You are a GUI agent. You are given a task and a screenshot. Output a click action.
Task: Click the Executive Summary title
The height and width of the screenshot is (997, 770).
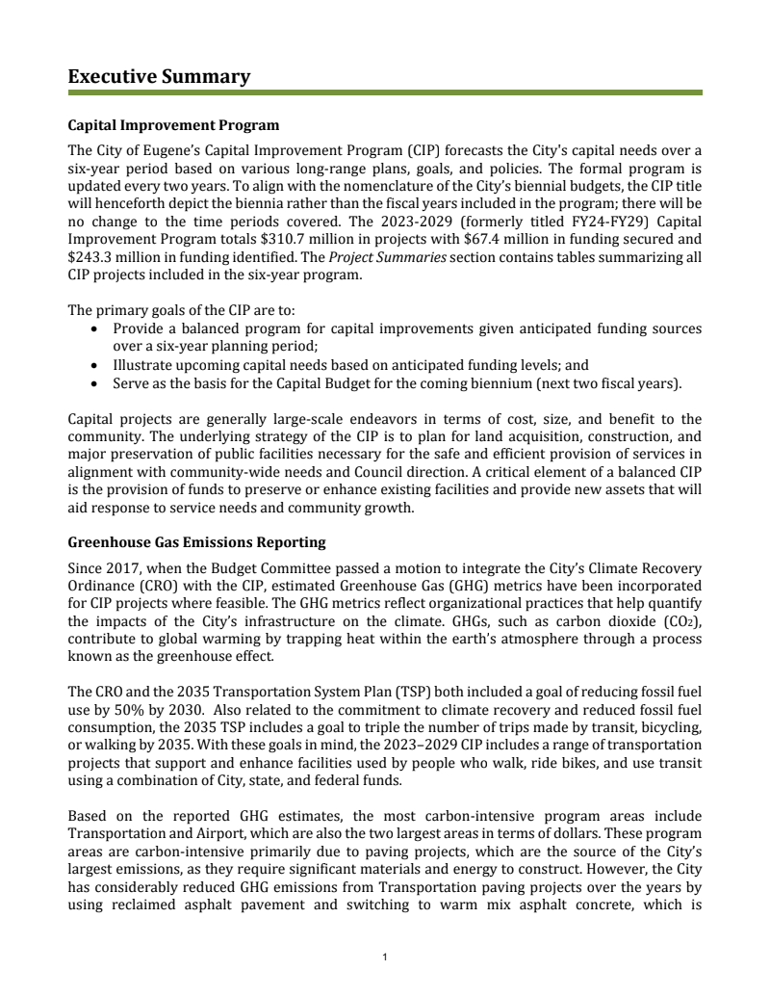(x=159, y=77)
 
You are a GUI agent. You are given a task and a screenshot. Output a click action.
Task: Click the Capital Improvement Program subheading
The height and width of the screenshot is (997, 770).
(x=173, y=126)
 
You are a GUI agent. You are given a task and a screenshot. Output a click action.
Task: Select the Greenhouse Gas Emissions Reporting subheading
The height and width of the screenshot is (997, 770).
(x=196, y=543)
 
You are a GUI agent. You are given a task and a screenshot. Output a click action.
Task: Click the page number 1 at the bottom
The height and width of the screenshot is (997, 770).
(x=384, y=957)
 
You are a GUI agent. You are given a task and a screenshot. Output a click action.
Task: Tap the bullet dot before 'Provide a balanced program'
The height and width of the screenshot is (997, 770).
(x=92, y=329)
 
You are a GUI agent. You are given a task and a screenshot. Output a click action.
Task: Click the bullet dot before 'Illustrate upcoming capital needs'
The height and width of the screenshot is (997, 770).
(x=92, y=366)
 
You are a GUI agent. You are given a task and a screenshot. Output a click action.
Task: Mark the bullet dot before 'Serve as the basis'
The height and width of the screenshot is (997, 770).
(x=92, y=383)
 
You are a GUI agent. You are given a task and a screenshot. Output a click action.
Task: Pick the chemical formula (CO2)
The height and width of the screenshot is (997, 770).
(x=682, y=621)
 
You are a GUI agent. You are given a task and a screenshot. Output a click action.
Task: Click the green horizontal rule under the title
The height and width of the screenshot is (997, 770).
(x=385, y=93)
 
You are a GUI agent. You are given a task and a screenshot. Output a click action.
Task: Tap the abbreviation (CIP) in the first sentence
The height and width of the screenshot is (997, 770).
(x=423, y=150)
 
